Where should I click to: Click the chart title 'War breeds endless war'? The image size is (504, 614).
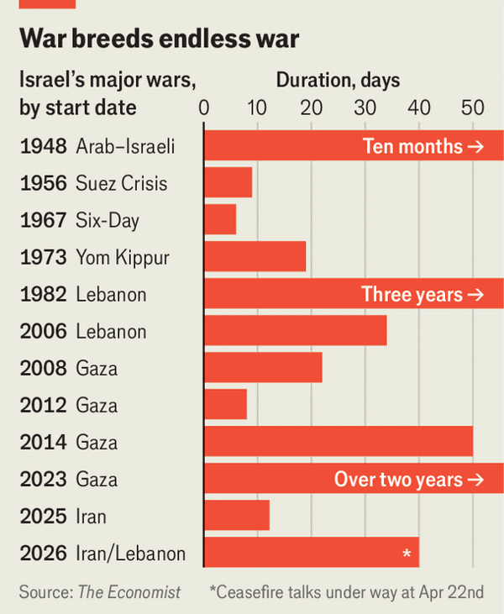160,39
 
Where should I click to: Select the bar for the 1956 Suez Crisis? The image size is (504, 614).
228,182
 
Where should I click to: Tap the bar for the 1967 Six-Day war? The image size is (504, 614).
219,219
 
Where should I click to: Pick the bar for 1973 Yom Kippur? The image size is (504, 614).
255,256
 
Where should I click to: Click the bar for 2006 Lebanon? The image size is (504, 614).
295,331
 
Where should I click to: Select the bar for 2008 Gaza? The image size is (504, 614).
263,368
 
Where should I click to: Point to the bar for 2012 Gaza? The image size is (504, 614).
225,405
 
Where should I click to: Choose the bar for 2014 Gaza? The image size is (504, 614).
338,442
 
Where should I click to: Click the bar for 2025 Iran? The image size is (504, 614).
236,516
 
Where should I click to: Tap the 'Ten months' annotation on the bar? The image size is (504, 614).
423,146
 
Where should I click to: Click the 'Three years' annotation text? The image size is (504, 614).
423,294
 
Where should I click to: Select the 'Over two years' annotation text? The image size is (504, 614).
409,480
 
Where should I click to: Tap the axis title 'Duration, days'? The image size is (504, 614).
339,81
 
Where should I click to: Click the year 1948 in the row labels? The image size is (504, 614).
43,146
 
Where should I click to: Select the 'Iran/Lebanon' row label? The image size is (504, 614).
130,554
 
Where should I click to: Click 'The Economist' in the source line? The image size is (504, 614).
129,592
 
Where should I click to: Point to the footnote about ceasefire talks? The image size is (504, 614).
347,592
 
